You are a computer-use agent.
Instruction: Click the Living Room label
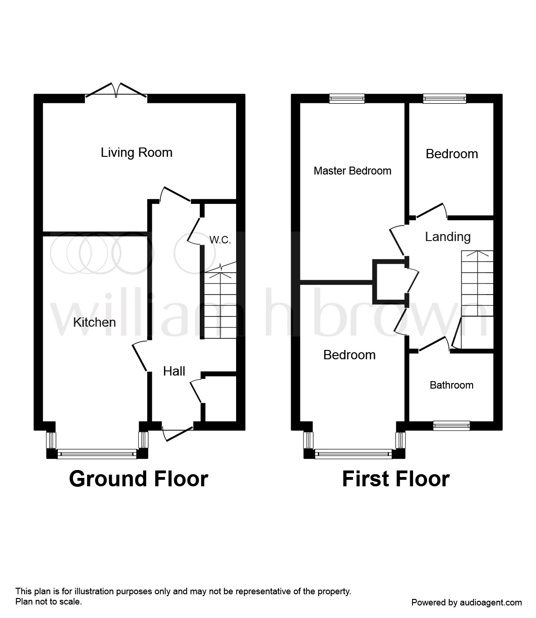click(136, 153)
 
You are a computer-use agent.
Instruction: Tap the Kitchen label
click(95, 322)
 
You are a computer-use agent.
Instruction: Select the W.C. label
click(220, 240)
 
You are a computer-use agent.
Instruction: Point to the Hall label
click(174, 371)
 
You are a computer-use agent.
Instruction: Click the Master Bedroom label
click(353, 171)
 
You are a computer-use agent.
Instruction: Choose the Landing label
click(448, 236)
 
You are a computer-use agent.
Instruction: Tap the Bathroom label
click(452, 385)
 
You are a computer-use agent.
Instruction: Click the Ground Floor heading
click(139, 479)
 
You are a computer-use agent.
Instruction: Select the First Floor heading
click(396, 479)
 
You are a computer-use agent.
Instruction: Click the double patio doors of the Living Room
click(116, 90)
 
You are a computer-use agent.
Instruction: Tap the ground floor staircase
click(220, 301)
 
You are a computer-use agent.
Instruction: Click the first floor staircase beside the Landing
click(477, 283)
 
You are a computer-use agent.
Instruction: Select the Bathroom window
click(452, 426)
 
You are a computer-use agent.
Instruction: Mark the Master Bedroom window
click(347, 99)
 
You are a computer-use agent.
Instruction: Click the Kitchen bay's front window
click(97, 455)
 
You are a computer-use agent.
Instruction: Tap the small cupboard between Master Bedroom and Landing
click(389, 282)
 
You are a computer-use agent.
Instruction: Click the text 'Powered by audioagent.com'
click(467, 603)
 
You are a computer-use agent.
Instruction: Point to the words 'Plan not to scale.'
click(48, 602)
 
